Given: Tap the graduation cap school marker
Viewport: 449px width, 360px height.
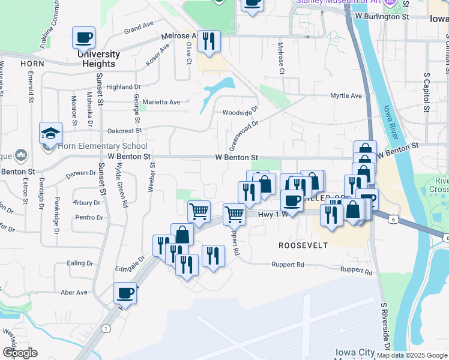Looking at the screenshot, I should point(51,133).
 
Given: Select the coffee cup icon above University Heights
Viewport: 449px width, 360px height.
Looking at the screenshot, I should point(83,38).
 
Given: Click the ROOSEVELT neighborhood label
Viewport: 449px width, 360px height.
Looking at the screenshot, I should point(303,245).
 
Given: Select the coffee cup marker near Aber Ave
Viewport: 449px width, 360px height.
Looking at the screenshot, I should point(125,294).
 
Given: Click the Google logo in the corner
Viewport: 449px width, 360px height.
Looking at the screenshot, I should point(20,352).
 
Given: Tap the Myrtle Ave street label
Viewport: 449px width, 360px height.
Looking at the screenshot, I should point(346,95).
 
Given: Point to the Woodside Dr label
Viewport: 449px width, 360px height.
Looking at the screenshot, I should point(240,111).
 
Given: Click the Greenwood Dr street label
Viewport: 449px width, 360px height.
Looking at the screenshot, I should point(243,136).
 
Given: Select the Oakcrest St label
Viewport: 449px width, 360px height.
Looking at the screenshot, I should point(124,130).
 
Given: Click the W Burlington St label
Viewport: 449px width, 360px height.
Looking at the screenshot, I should point(382,17).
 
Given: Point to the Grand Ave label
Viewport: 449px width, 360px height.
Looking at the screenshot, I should point(139,28).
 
